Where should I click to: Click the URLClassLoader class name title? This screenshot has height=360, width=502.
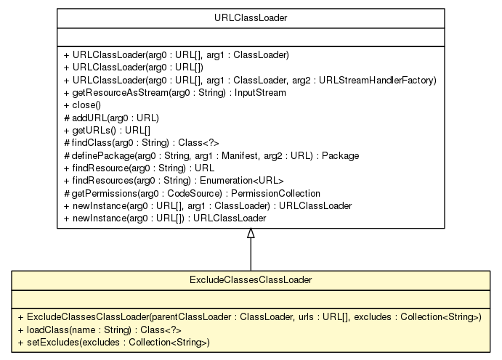click(x=251, y=17)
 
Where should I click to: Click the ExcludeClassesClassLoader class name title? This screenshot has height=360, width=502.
click(x=251, y=279)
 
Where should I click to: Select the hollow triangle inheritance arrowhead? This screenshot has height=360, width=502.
click(x=251, y=234)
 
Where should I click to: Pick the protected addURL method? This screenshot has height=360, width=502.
click(x=111, y=118)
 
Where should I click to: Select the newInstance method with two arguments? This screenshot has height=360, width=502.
click(x=208, y=205)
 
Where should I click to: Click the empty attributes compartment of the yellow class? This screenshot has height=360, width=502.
click(x=251, y=298)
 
